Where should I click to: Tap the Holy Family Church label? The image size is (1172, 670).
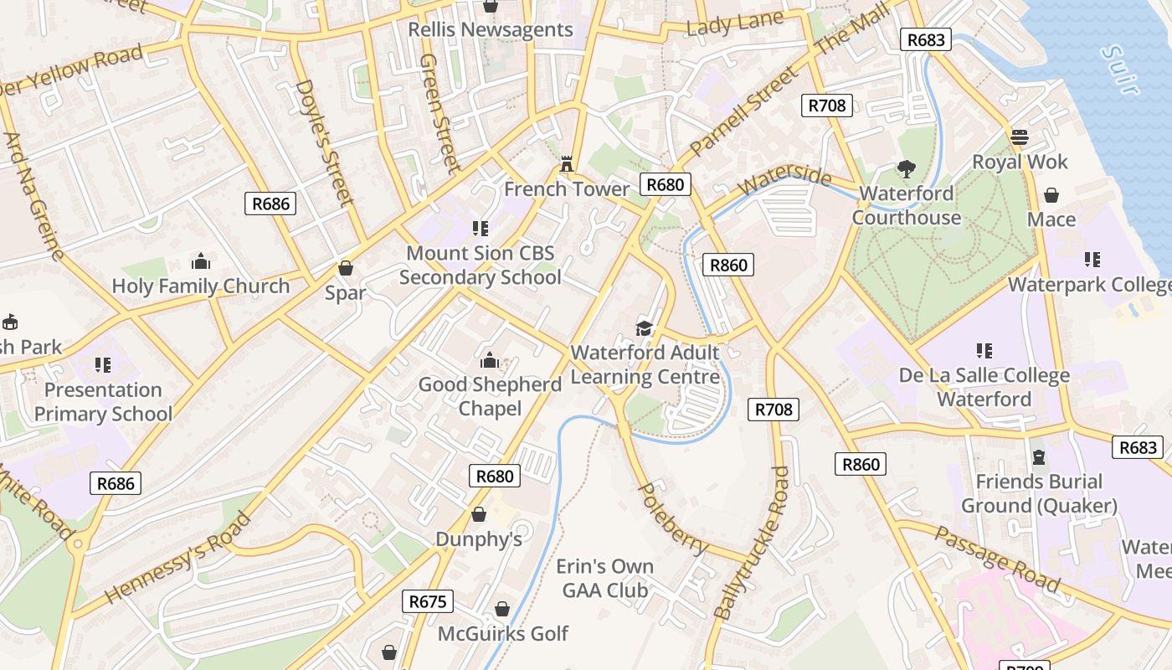click(201, 286)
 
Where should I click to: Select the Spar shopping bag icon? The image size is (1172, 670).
click(345, 268)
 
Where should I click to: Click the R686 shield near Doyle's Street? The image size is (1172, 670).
click(270, 204)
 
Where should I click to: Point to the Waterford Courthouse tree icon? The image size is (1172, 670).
click(906, 169)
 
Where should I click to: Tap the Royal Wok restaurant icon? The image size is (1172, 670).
click(1019, 137)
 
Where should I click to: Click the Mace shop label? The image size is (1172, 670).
click(1051, 219)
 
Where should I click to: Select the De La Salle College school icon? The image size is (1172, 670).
click(984, 350)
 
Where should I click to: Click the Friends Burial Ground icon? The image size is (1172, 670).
click(1039, 456)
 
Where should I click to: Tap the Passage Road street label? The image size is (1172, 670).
click(997, 559)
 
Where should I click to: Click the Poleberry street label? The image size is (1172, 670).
click(672, 518)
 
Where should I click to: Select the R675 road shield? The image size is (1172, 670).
click(429, 601)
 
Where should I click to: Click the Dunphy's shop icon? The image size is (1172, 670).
click(479, 513)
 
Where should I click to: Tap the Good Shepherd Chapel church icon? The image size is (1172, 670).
click(490, 361)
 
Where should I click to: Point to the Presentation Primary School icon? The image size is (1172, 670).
click(103, 365)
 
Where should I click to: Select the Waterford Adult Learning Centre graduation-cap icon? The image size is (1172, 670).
click(644, 327)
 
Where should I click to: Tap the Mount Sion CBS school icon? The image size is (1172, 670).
click(480, 228)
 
